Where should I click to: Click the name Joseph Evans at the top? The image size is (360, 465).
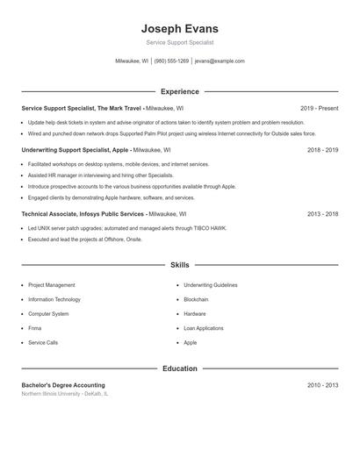179,28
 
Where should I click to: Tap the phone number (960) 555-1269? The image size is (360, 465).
171,61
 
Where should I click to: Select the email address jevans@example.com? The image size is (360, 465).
220,61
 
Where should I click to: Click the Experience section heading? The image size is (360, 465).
179,91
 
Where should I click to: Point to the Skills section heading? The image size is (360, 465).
179,264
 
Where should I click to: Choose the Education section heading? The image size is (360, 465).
179,368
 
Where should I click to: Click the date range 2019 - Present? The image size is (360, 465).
319,108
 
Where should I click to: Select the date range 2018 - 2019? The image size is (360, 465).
322,150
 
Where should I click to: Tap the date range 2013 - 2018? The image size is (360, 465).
322,213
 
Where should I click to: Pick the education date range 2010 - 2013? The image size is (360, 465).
322,385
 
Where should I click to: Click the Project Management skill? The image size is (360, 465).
51,285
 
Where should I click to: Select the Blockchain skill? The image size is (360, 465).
196,299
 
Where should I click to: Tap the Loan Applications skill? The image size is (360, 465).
204,328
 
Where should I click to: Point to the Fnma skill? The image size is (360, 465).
35,328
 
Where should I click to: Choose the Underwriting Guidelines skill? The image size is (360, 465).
210,285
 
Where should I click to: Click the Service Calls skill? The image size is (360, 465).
43,342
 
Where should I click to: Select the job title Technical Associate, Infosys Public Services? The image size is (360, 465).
83,213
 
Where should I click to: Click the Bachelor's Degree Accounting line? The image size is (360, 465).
62,385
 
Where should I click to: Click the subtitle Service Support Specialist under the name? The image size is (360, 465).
179,42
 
